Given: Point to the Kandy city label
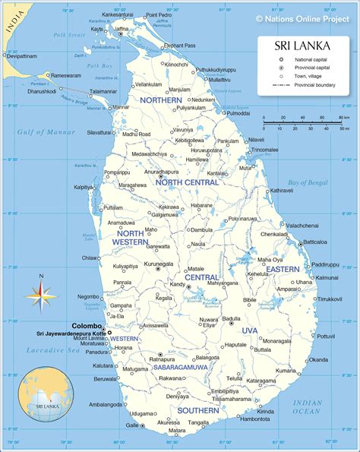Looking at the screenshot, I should tap(178, 285).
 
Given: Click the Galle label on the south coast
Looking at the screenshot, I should tap(132, 425).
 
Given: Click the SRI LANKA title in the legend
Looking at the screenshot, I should tap(302, 46).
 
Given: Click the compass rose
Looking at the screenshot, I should tap(42, 294).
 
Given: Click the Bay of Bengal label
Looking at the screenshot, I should tap(307, 182).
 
